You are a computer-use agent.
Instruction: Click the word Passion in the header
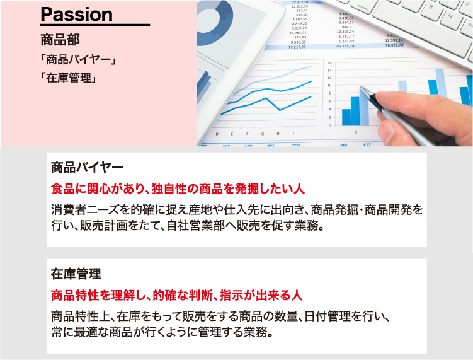point(76,15)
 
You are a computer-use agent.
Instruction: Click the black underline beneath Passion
point(95,25)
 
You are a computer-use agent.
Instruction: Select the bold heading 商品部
point(60,40)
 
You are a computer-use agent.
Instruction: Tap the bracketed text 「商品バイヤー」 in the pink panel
point(79,59)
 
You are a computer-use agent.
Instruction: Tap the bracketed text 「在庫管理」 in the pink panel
point(69,78)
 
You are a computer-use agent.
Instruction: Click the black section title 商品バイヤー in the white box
point(87,167)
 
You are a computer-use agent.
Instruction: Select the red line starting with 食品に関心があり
point(178,189)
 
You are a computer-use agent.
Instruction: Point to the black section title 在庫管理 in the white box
point(76,274)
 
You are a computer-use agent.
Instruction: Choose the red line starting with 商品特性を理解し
point(176,295)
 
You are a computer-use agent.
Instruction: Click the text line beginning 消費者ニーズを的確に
point(237,209)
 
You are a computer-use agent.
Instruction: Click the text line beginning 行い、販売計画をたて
point(187,225)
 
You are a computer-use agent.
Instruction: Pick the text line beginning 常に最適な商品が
point(162,332)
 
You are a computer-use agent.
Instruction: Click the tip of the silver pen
point(360,86)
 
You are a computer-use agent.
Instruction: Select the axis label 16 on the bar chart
point(329,63)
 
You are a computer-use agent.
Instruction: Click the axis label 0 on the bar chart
point(329,125)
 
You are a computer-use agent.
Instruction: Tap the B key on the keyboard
point(431,7)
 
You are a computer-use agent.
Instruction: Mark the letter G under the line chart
point(263,134)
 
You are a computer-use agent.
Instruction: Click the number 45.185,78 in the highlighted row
point(345,46)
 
